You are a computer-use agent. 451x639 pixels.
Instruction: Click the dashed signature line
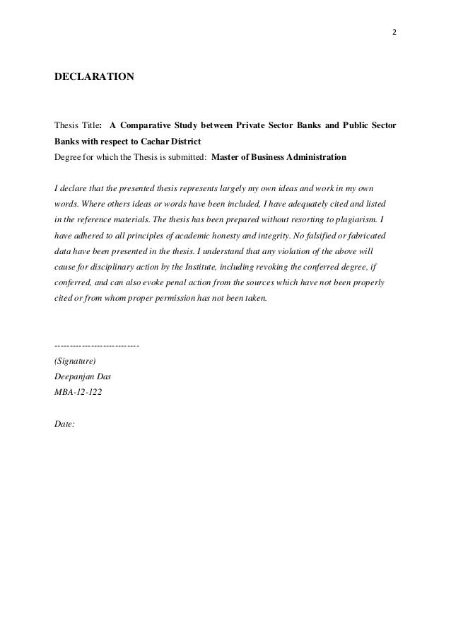tap(96, 345)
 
